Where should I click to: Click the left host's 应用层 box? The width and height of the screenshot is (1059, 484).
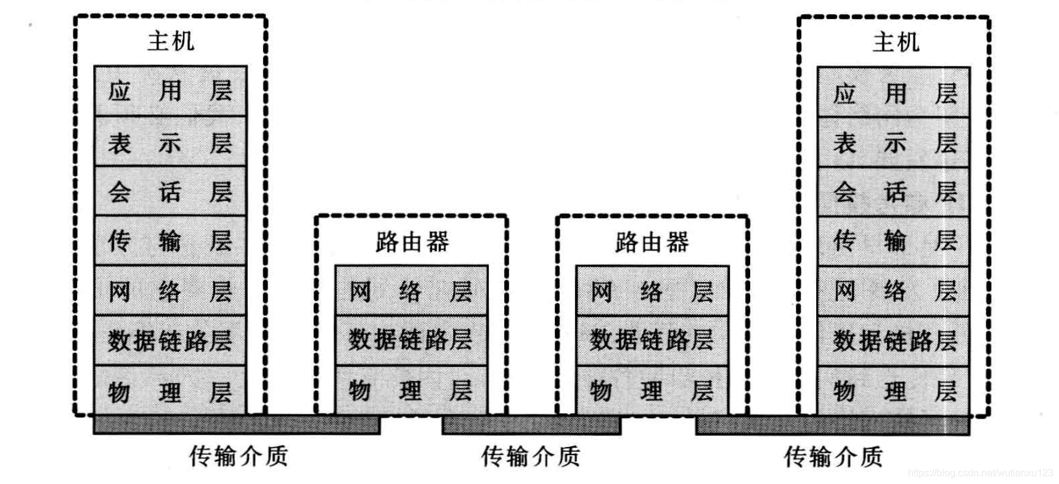point(170,91)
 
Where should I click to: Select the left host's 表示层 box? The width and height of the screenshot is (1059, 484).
point(170,142)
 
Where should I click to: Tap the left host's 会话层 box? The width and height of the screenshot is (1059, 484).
point(170,192)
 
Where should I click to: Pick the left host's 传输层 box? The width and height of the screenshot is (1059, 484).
point(170,241)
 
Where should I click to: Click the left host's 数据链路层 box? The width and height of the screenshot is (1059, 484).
point(170,341)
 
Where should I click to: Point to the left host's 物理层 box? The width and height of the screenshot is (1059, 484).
point(170,391)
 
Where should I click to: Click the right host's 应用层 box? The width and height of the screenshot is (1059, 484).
point(894,93)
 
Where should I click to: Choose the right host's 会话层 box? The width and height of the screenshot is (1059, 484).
point(894,192)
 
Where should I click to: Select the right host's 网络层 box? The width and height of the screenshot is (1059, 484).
point(894,291)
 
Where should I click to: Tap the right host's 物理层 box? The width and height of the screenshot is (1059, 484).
point(894,390)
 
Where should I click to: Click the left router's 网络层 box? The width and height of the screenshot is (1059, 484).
point(411,291)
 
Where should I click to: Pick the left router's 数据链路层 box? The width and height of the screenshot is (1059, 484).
point(411,340)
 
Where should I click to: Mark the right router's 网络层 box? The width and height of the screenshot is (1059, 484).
point(652,291)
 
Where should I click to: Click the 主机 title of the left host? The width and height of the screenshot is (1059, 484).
point(171,42)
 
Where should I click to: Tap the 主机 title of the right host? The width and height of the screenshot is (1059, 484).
point(896,42)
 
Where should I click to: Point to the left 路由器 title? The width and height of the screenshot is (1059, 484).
point(412,242)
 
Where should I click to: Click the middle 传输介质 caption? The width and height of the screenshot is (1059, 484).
point(530,456)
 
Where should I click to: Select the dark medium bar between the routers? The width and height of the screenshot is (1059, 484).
point(531,425)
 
